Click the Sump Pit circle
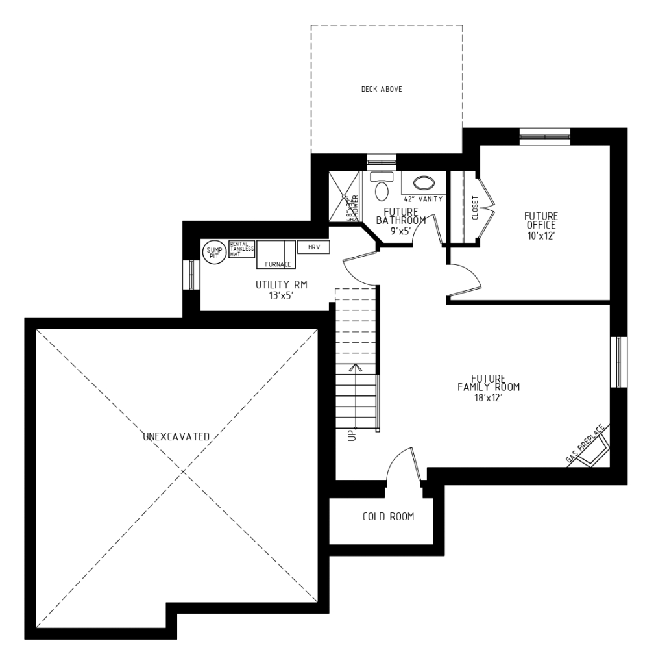pyautogui.click(x=213, y=253)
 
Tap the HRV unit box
pyautogui.click(x=313, y=247)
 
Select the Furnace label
pyautogui.click(x=277, y=264)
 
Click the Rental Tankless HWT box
pyautogui.click(x=241, y=249)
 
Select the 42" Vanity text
pyautogui.click(x=423, y=199)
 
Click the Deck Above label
pyautogui.click(x=382, y=89)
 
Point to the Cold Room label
pyautogui.click(x=388, y=517)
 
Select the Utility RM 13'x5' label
pyautogui.click(x=280, y=289)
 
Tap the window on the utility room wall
pyautogui.click(x=191, y=275)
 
